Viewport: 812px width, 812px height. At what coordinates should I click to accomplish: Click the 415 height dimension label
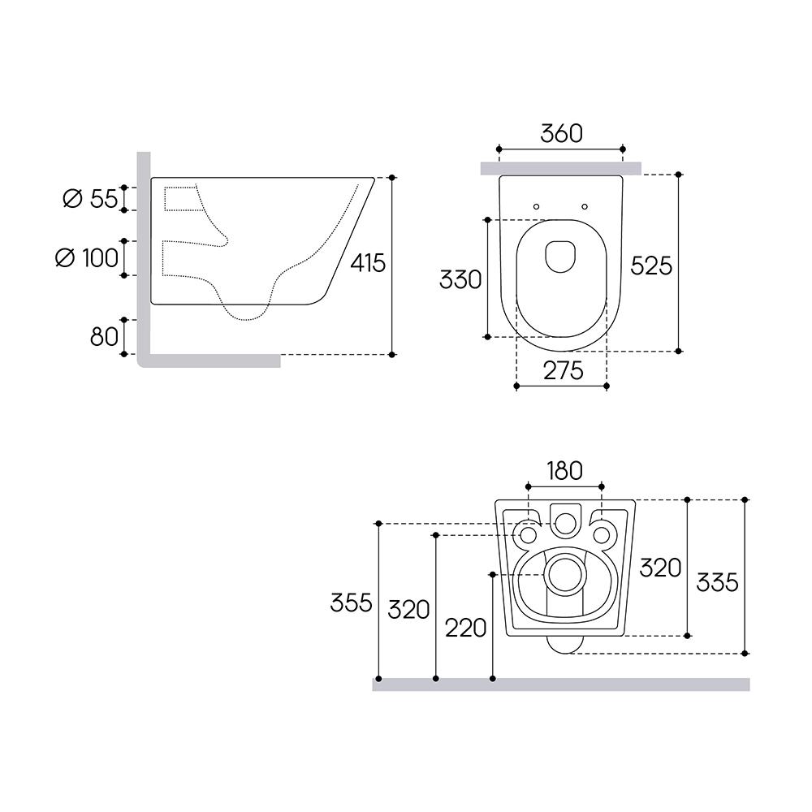tap(368, 263)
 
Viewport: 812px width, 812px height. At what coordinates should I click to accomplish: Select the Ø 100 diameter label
tap(87, 258)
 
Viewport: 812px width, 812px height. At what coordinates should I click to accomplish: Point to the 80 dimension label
tap(104, 337)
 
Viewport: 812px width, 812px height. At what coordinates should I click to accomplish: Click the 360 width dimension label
tap(561, 134)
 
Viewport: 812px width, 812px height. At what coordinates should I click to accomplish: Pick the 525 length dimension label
tap(651, 266)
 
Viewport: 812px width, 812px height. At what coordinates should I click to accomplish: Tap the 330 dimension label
tap(460, 279)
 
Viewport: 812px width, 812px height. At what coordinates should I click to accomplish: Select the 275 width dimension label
tap(564, 370)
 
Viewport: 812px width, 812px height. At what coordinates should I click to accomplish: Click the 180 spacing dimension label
tap(564, 471)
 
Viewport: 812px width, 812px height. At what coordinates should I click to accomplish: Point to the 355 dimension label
tap(351, 603)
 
